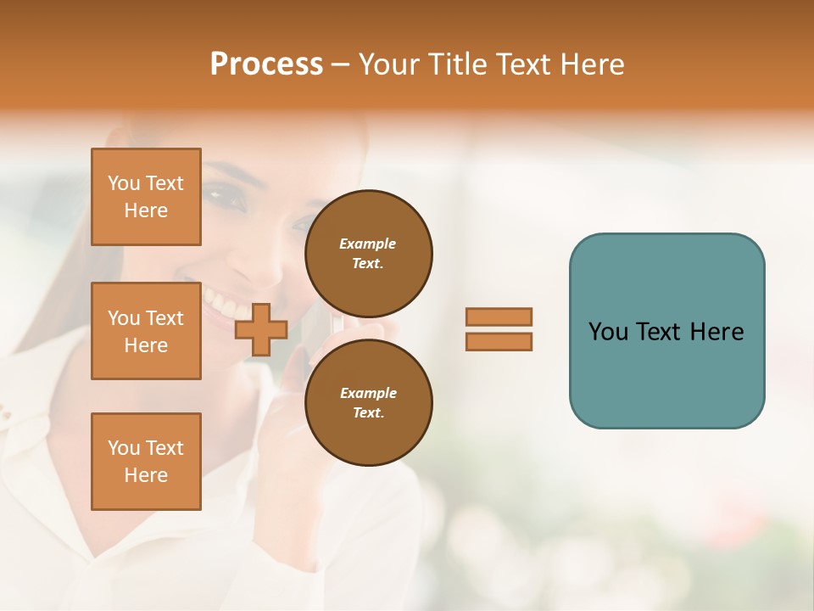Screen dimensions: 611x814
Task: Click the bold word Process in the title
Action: (266, 64)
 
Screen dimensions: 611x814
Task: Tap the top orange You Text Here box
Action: (146, 197)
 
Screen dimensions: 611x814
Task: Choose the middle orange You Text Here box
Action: (146, 331)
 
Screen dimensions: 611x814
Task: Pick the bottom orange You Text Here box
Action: (146, 462)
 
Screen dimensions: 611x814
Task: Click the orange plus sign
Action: (260, 330)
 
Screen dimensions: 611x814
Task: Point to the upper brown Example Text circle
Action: (368, 253)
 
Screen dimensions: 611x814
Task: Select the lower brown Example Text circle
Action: (368, 402)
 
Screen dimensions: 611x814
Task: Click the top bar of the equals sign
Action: (499, 317)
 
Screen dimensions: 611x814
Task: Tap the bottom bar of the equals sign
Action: (499, 342)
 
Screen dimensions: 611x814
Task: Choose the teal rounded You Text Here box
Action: (666, 330)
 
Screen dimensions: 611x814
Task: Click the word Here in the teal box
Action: (716, 332)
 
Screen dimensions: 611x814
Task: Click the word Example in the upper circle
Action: (367, 244)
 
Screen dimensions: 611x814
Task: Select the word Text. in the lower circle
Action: (368, 413)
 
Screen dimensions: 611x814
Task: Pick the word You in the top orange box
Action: (124, 183)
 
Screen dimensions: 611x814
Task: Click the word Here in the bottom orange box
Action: (146, 475)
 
